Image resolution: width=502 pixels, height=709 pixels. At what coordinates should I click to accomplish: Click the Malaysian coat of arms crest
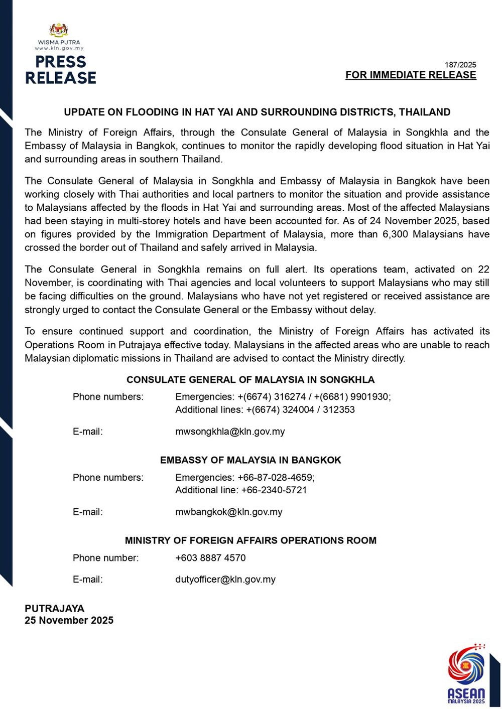click(59, 30)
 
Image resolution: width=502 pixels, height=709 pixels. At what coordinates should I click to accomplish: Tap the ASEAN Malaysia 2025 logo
click(466, 674)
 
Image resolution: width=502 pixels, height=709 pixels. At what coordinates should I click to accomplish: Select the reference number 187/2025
click(460, 65)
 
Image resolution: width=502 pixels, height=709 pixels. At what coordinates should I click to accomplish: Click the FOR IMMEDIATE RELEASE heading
click(411, 75)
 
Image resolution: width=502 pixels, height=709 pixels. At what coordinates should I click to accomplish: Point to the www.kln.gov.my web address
click(59, 48)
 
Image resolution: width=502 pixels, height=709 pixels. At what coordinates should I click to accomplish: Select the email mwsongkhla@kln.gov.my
click(230, 432)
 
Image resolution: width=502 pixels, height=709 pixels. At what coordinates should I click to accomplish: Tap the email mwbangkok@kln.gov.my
click(229, 512)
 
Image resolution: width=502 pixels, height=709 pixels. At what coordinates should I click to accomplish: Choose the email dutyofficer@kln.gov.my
click(225, 580)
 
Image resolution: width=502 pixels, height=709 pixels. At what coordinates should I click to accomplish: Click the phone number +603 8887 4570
click(210, 558)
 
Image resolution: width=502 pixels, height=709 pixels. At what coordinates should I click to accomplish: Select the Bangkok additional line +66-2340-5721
click(274, 490)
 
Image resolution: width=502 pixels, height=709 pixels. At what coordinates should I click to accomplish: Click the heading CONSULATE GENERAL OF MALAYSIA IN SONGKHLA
click(250, 380)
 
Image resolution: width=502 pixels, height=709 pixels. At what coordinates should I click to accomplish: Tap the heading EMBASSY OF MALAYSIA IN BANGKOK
click(250, 460)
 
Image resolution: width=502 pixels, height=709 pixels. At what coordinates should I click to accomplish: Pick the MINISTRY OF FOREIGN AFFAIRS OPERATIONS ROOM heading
click(250, 540)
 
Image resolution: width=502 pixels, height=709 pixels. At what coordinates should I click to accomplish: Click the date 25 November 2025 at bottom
click(69, 621)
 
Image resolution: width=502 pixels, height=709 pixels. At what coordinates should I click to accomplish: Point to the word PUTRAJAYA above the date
click(55, 609)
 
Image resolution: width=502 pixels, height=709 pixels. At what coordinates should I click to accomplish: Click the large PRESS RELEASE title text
click(61, 70)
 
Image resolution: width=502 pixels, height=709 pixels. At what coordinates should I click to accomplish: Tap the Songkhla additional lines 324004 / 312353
click(300, 410)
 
